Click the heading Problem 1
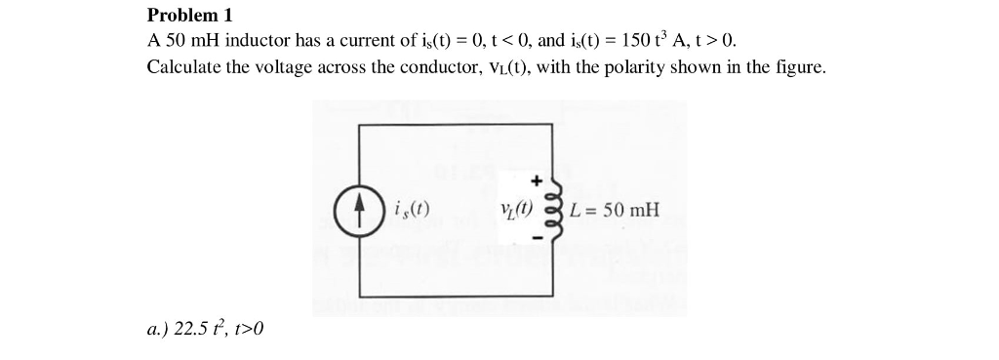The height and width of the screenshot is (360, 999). (190, 16)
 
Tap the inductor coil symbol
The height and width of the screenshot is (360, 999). (557, 211)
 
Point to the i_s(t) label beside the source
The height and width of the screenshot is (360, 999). (411, 209)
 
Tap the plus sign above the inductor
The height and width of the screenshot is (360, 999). (536, 180)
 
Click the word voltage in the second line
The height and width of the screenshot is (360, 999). (268, 67)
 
